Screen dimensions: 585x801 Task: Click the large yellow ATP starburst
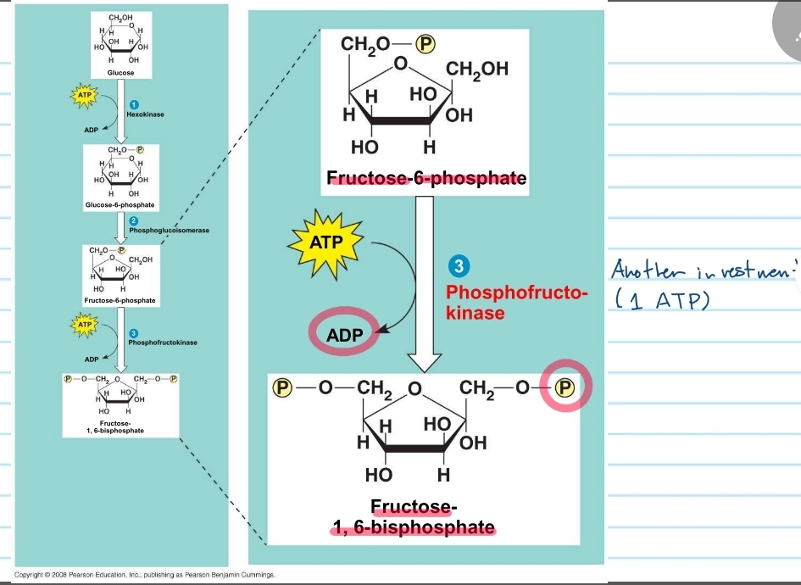coord(326,242)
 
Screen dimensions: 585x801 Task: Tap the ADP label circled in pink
coord(345,335)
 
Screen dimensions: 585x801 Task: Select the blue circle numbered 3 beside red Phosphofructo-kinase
coord(458,266)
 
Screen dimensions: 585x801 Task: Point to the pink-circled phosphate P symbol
coord(564,388)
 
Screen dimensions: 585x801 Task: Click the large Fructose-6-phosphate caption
coord(426,179)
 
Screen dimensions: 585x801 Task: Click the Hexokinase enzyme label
coord(145,113)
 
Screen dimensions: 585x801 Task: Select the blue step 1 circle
coord(133,103)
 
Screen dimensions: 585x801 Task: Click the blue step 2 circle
coord(133,220)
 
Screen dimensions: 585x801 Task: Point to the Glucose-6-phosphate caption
coord(120,205)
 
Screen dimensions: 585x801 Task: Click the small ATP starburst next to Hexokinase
coord(84,96)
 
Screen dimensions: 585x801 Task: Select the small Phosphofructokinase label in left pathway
coord(163,342)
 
